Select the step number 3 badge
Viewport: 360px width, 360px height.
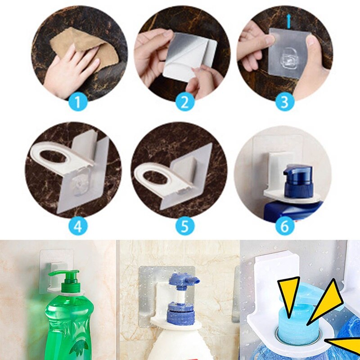click(x=284, y=102)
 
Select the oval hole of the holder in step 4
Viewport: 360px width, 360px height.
click(x=56, y=155)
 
